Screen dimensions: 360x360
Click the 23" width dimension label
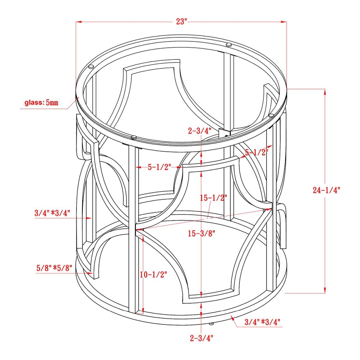point(182,22)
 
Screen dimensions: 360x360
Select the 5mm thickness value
point(52,103)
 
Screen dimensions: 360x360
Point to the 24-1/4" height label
point(326,190)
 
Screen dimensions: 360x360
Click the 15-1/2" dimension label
point(213,198)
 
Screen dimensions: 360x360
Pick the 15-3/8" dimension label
point(202,234)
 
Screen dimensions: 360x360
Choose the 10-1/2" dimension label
point(153,274)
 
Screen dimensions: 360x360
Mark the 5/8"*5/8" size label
point(54,268)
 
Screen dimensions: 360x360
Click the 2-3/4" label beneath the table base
point(202,338)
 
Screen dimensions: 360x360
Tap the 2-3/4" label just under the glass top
point(200,131)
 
